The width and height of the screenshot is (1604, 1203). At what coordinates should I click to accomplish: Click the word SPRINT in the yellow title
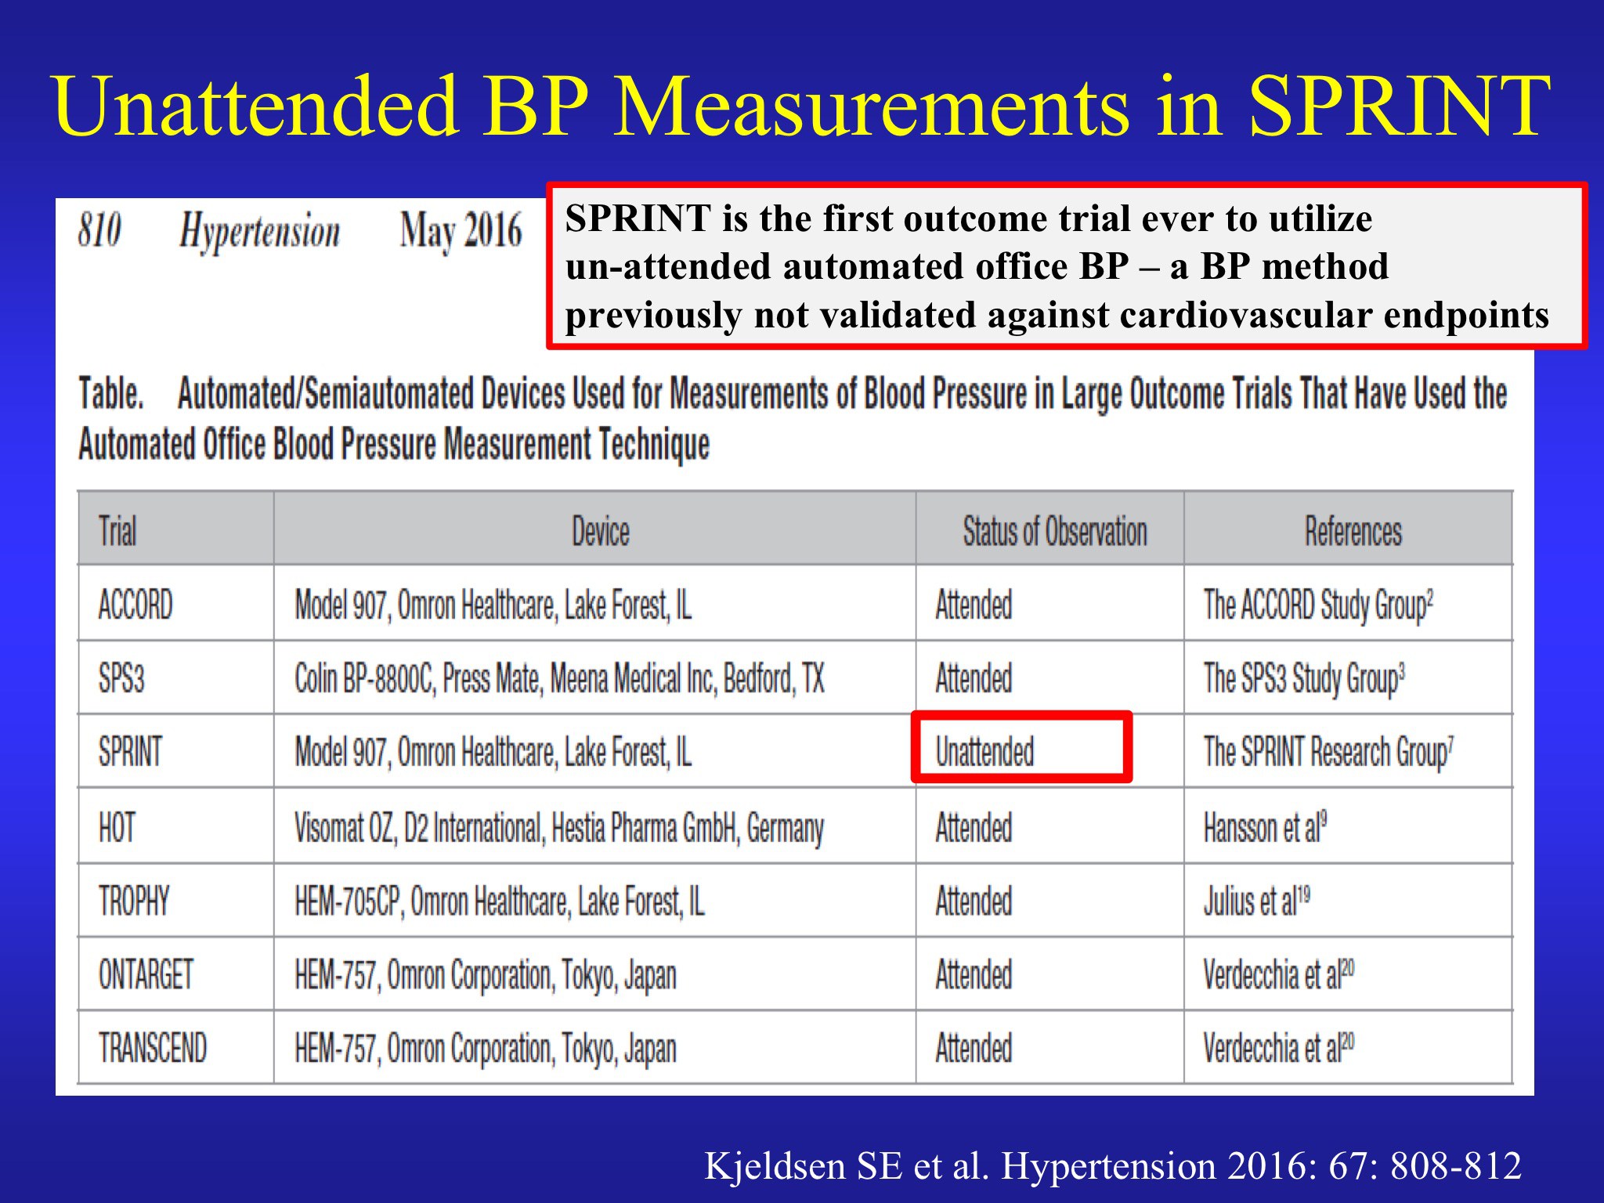coord(1399,106)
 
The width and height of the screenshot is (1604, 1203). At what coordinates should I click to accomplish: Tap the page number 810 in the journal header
coord(99,230)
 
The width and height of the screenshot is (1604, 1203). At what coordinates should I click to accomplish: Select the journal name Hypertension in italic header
coord(259,233)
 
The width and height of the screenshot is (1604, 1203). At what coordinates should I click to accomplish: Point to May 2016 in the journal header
coord(461,232)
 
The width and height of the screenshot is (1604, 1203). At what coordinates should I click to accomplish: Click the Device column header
coord(601,531)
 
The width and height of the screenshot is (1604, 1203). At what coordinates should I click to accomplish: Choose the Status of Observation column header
coord(1055,531)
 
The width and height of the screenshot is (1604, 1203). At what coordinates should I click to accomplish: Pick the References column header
coord(1353,531)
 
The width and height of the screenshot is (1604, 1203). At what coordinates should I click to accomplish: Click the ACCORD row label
coord(135,605)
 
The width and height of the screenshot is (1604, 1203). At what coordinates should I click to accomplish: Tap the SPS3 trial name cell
coord(121,678)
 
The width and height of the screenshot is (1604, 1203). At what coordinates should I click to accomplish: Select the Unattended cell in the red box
coord(984,752)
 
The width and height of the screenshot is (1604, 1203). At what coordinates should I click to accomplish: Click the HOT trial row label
coord(117,827)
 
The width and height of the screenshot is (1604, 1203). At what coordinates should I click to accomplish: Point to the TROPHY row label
coord(134,901)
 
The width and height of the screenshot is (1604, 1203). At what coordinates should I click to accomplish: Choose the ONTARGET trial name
coord(146,974)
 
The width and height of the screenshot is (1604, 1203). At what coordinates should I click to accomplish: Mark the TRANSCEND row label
coord(153,1048)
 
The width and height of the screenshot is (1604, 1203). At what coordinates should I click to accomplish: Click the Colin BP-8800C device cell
coord(559,679)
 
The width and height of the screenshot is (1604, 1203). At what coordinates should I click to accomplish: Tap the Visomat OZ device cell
coord(559,829)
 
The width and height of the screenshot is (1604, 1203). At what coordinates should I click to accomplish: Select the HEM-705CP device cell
coord(500,901)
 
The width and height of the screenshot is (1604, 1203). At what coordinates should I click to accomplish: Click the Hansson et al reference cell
coord(1265,827)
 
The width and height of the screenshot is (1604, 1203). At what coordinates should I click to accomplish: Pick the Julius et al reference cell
coord(1256,901)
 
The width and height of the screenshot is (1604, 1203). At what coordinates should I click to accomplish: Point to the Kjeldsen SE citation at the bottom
coord(1113,1165)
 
